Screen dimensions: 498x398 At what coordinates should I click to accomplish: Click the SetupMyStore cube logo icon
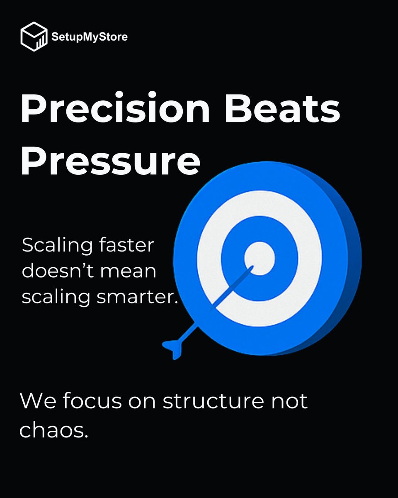coord(34,37)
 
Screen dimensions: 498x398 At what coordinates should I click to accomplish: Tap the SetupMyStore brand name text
coord(90,37)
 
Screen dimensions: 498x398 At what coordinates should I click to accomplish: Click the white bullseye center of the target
coord(260,258)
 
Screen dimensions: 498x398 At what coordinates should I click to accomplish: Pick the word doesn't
coord(61,271)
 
